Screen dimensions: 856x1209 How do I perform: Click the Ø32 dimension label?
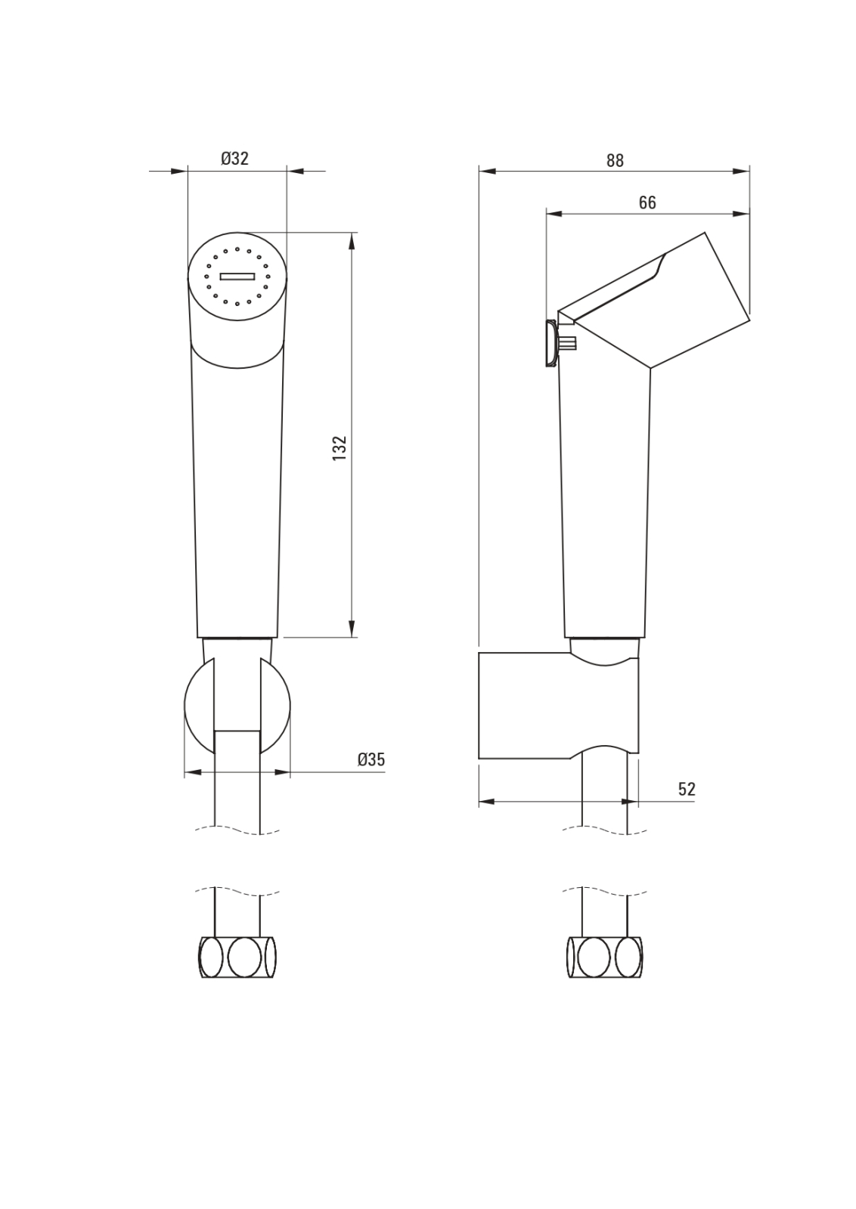pyautogui.click(x=235, y=159)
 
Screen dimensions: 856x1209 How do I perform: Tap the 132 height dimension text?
pyautogui.click(x=340, y=447)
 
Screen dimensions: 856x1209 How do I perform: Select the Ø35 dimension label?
pyautogui.click(x=371, y=759)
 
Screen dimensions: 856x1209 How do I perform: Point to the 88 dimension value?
pyautogui.click(x=615, y=160)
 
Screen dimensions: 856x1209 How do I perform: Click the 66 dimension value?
pyautogui.click(x=647, y=203)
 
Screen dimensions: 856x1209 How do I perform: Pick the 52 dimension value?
pyautogui.click(x=687, y=789)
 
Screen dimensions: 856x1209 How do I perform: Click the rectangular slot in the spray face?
pyautogui.click(x=237, y=277)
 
